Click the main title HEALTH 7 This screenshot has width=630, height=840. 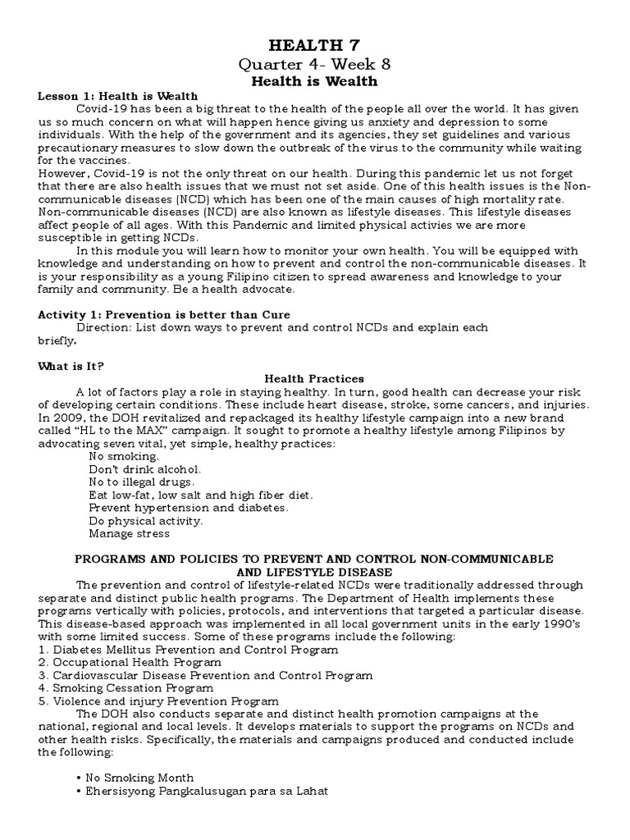[x=314, y=46]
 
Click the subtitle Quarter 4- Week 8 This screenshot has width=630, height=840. [x=314, y=65]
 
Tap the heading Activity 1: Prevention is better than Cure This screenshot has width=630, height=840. [x=164, y=314]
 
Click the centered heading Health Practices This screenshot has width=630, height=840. [x=314, y=379]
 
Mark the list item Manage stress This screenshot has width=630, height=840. [x=130, y=533]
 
